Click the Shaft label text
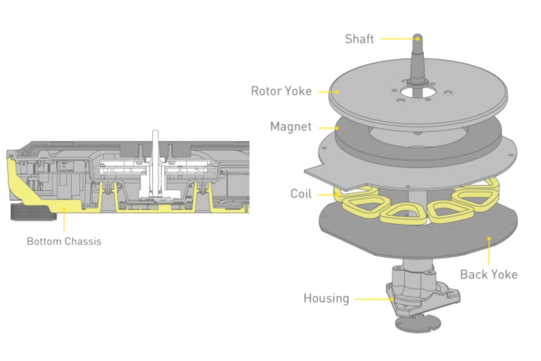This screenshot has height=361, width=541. coord(359,39)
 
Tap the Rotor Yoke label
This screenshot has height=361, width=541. coord(281,91)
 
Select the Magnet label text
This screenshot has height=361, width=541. coord(291,127)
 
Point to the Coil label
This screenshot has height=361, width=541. coord(301,194)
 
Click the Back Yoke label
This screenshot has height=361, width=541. coord(489,275)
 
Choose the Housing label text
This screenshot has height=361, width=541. coord(326,298)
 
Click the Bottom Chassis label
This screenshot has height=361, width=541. coord(64,241)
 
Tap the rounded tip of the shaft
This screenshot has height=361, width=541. coord(417,38)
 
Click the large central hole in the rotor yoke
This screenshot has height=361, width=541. coord(417,92)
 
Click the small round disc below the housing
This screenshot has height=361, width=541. coord(418,323)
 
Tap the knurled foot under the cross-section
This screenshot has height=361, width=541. coord(33,212)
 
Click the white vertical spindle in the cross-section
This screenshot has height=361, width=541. coord(155,150)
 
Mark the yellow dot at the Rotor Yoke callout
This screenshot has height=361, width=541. coord(337,92)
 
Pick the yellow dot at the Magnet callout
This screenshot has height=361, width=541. coord(337,128)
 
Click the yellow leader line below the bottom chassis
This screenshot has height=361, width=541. coord(64,222)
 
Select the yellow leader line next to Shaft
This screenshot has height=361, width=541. coord(398,39)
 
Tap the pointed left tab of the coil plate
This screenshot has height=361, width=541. coord(312,173)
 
